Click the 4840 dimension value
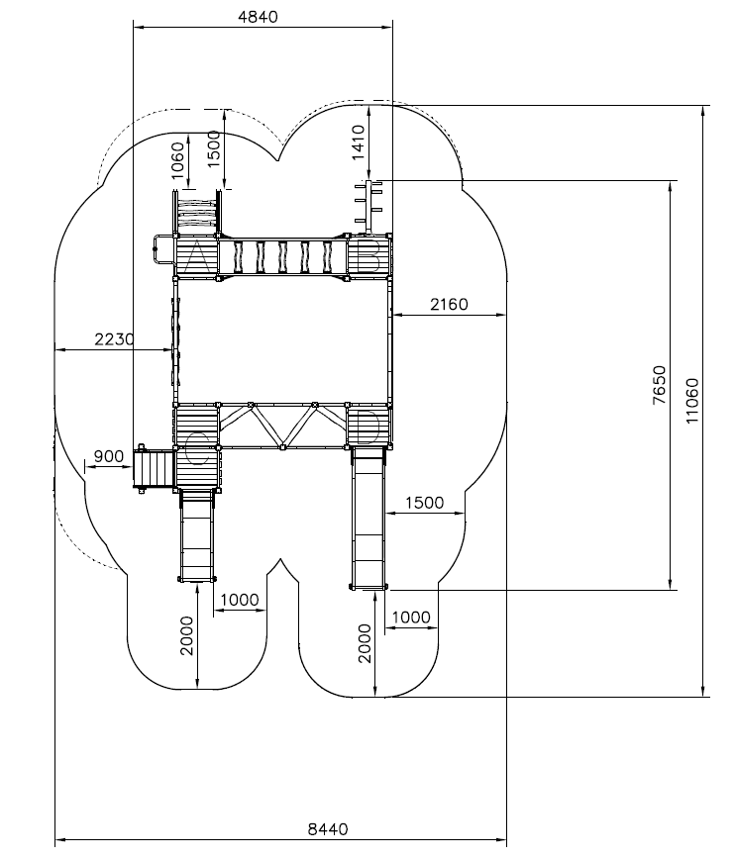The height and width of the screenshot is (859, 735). [258, 17]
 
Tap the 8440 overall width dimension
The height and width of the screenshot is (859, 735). [328, 829]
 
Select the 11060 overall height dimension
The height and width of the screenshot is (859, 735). [692, 401]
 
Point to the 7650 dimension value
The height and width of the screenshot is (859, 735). [660, 385]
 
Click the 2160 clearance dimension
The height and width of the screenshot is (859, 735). [449, 304]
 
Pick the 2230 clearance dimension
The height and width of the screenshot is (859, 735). [114, 339]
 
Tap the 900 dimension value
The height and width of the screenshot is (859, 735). [109, 456]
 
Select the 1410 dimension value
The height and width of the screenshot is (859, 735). [358, 142]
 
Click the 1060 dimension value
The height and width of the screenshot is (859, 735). [177, 160]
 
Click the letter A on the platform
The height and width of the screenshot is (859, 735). [197, 257]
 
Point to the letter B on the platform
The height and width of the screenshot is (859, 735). [369, 257]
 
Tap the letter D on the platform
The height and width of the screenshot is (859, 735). [368, 427]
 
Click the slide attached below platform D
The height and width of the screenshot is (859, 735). [368, 519]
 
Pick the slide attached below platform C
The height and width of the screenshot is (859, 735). [196, 535]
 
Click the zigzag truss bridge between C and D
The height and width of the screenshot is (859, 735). [283, 427]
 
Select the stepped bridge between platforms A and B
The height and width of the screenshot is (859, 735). [283, 257]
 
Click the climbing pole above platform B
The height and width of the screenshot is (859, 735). [369, 207]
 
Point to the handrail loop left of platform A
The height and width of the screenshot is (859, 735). [162, 249]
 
